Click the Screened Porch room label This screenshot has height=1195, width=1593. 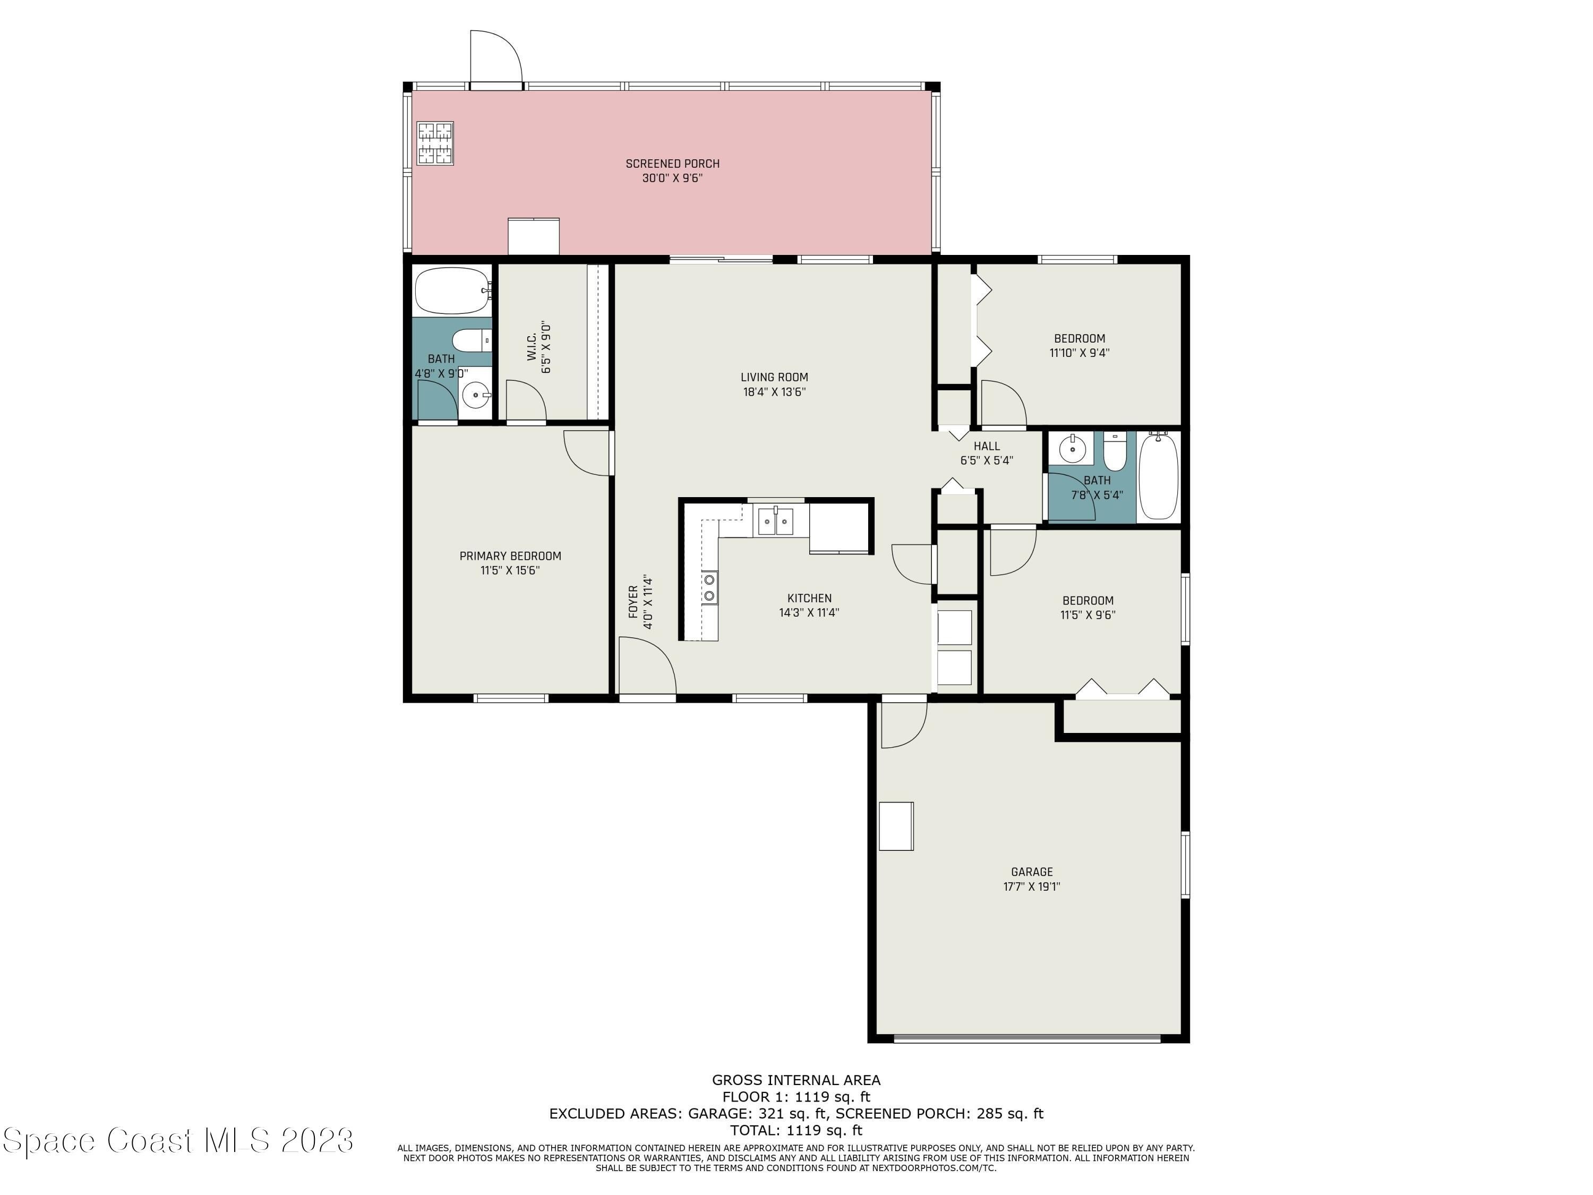coord(672,164)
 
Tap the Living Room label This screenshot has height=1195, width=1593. coord(774,377)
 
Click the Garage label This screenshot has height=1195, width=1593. coord(1031,872)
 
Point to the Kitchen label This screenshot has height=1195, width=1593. coord(809,598)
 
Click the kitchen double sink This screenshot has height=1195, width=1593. coord(774,520)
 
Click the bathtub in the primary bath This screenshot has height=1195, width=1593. coord(453,291)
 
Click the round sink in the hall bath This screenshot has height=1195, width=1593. coord(1072,449)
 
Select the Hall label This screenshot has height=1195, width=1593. coord(987,446)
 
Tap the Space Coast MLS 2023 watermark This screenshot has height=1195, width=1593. coord(178,1140)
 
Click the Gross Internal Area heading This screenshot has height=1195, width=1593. coord(796,1080)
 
